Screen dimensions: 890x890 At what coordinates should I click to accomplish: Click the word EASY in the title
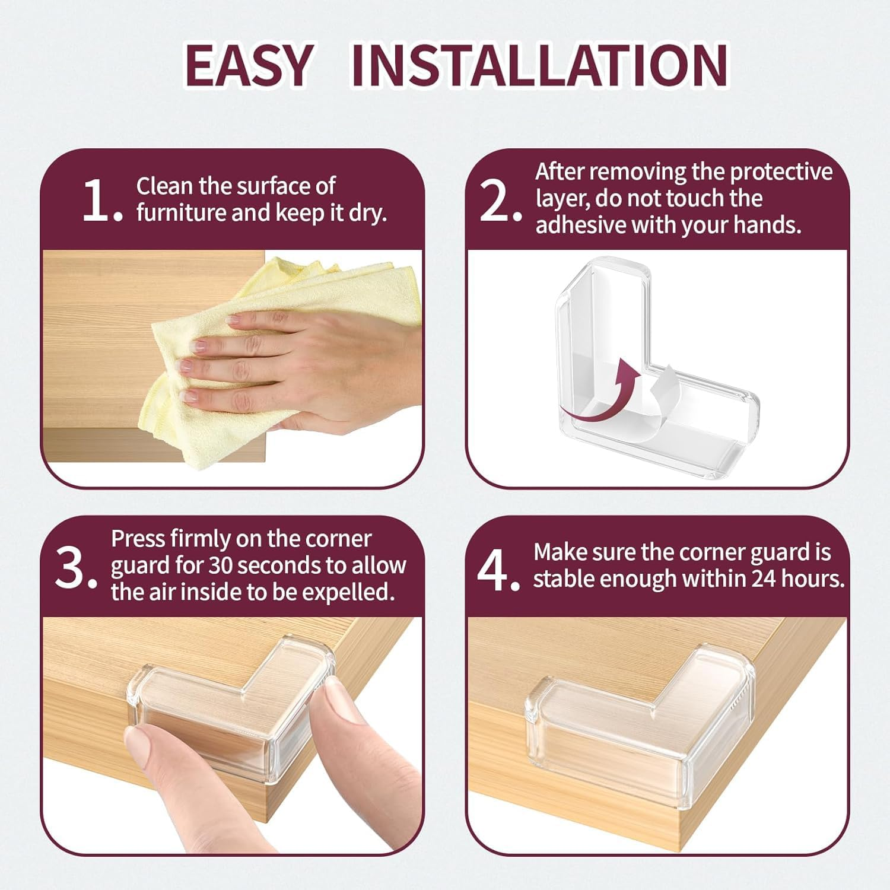click(x=249, y=65)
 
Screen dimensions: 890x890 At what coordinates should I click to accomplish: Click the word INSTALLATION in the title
click(x=539, y=65)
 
